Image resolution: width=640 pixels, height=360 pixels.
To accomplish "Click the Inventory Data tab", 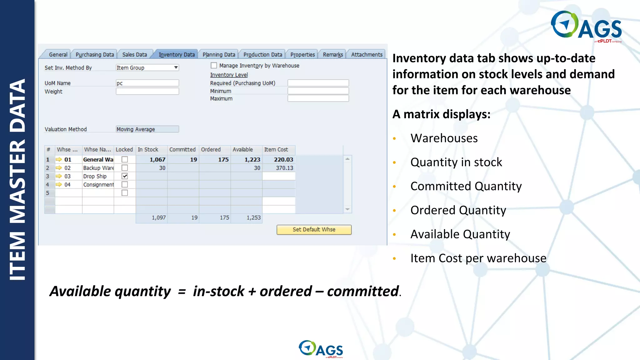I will click(x=177, y=55).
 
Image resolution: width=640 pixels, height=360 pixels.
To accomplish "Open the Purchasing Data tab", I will click(x=95, y=55).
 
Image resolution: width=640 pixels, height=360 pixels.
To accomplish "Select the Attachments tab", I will click(x=367, y=55).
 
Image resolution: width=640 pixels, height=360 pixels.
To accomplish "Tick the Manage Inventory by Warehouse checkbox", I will click(x=214, y=66).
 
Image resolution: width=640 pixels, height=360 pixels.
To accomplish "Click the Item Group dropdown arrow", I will click(x=176, y=67).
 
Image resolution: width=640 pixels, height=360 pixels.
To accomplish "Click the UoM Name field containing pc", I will click(x=147, y=83).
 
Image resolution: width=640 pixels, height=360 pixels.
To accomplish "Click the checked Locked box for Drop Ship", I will click(x=125, y=176).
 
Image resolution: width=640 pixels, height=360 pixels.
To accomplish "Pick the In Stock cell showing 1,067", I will click(x=152, y=160).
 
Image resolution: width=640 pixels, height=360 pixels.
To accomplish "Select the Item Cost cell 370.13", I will click(x=279, y=168).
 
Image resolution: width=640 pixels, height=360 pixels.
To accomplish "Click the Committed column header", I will click(x=182, y=150).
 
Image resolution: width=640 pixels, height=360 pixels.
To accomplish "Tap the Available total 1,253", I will click(x=247, y=218).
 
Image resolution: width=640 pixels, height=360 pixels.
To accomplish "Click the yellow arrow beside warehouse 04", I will click(x=59, y=185).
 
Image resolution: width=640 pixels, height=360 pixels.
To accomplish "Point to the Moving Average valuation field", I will click(x=147, y=129).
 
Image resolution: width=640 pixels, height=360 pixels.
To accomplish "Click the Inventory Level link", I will click(x=229, y=75).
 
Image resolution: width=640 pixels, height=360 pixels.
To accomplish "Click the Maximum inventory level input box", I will click(x=318, y=99).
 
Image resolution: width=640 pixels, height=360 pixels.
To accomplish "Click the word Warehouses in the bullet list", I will click(x=444, y=138).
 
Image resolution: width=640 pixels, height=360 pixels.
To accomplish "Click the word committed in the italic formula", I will click(x=363, y=291).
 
